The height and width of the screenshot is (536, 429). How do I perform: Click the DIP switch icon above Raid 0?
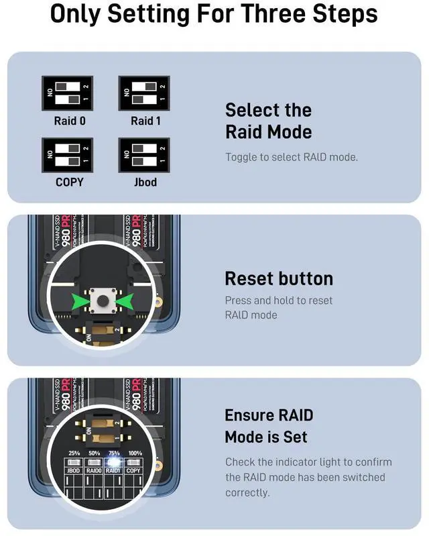click(x=67, y=93)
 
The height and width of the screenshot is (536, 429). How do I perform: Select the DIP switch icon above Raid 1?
click(x=144, y=93)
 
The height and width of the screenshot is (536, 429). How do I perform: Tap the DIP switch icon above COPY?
click(x=67, y=155)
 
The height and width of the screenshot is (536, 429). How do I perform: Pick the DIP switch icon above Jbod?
click(x=144, y=155)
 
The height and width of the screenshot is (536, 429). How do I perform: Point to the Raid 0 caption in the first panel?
click(x=70, y=121)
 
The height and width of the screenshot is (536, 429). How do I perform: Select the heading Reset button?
click(x=279, y=278)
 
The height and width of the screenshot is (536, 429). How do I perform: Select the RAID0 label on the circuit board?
click(x=95, y=471)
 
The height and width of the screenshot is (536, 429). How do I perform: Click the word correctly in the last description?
click(x=247, y=492)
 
